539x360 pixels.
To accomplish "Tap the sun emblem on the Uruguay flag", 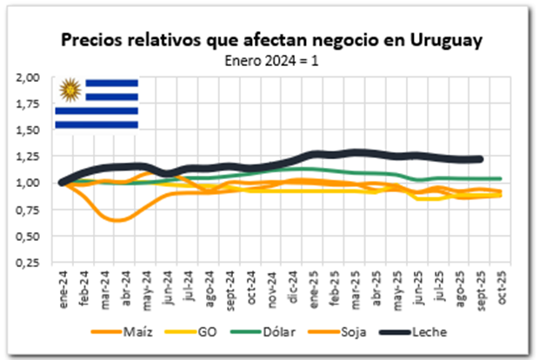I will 69,90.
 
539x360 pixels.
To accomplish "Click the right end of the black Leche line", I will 480,159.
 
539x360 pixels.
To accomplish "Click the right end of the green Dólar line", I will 501,179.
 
